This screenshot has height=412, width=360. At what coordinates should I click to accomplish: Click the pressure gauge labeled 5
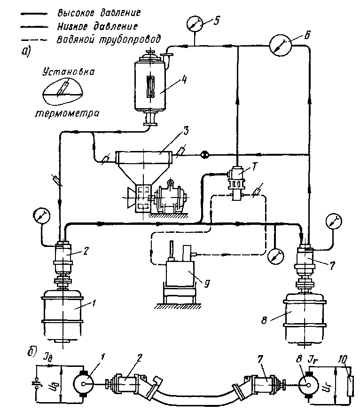[195, 24]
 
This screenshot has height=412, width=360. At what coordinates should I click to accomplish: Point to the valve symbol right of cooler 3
[204, 155]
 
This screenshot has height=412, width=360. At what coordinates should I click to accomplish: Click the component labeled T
[236, 181]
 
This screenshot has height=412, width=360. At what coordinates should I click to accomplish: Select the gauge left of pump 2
[42, 215]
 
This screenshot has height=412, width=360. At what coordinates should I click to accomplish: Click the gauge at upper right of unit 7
[334, 221]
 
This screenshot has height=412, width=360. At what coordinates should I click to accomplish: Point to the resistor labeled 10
[350, 386]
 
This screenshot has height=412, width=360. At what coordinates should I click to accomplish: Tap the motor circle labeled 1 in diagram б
[83, 384]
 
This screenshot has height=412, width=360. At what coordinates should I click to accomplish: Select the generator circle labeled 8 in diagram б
[308, 385]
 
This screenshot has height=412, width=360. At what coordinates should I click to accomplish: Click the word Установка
[69, 72]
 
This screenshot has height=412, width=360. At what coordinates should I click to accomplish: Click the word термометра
[68, 113]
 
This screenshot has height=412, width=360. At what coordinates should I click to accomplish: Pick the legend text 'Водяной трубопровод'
[108, 40]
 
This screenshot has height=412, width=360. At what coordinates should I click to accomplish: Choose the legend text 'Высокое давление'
[99, 13]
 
